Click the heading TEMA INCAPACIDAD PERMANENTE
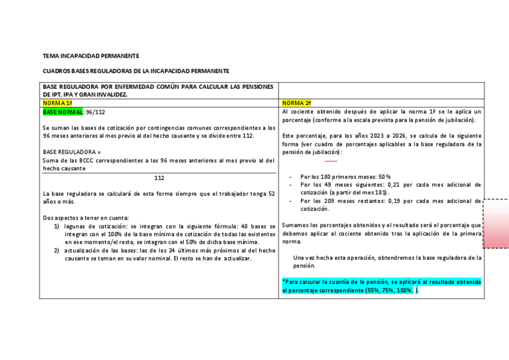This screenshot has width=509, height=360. pos(91,56)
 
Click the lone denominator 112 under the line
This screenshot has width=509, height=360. pos(159,178)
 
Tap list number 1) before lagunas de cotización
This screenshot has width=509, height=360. pos(57,226)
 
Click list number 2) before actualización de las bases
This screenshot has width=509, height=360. pos(57,250)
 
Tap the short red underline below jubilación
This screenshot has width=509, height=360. pos(331,161)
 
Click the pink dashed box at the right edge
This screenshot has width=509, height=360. pos(496,224)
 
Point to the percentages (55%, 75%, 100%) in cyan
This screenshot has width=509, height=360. pos(388,290)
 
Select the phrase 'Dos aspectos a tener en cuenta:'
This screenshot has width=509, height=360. pos(86,217)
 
